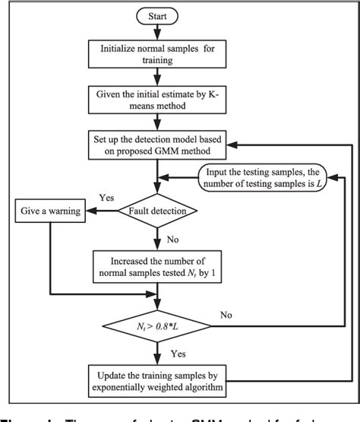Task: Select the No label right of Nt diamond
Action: tap(227, 313)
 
